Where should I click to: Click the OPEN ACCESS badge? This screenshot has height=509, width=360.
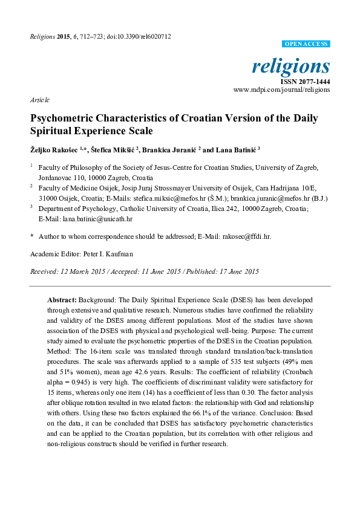[x=306, y=44]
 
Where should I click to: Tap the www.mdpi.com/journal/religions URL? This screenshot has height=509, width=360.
[x=281, y=89]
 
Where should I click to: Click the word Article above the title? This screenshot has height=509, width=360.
[x=39, y=100]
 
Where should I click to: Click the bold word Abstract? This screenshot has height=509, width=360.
[x=62, y=300]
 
